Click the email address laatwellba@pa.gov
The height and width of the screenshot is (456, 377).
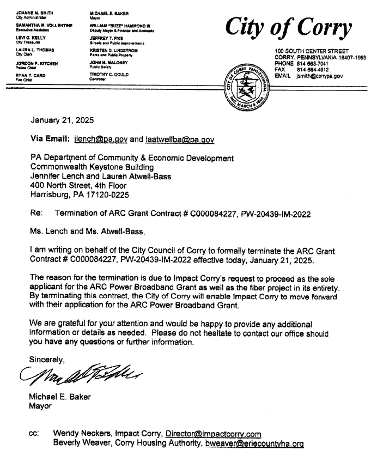click(180, 139)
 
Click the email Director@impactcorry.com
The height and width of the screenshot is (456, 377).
click(214, 434)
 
